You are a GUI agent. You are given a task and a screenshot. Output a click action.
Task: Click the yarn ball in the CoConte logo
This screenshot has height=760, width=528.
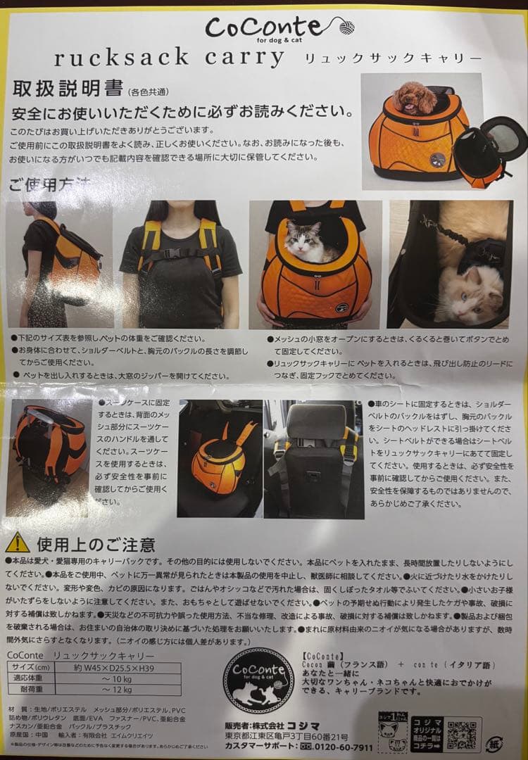coord(346,27)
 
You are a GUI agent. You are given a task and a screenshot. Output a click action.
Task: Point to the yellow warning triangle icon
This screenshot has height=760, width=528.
coord(17,543)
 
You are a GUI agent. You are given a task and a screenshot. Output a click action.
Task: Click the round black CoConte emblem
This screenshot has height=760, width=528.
coord(258,680)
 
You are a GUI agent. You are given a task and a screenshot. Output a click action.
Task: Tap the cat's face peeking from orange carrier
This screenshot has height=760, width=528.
coord(303,241)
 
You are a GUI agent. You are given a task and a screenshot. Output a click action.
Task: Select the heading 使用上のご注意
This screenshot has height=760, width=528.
coord(96,543)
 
